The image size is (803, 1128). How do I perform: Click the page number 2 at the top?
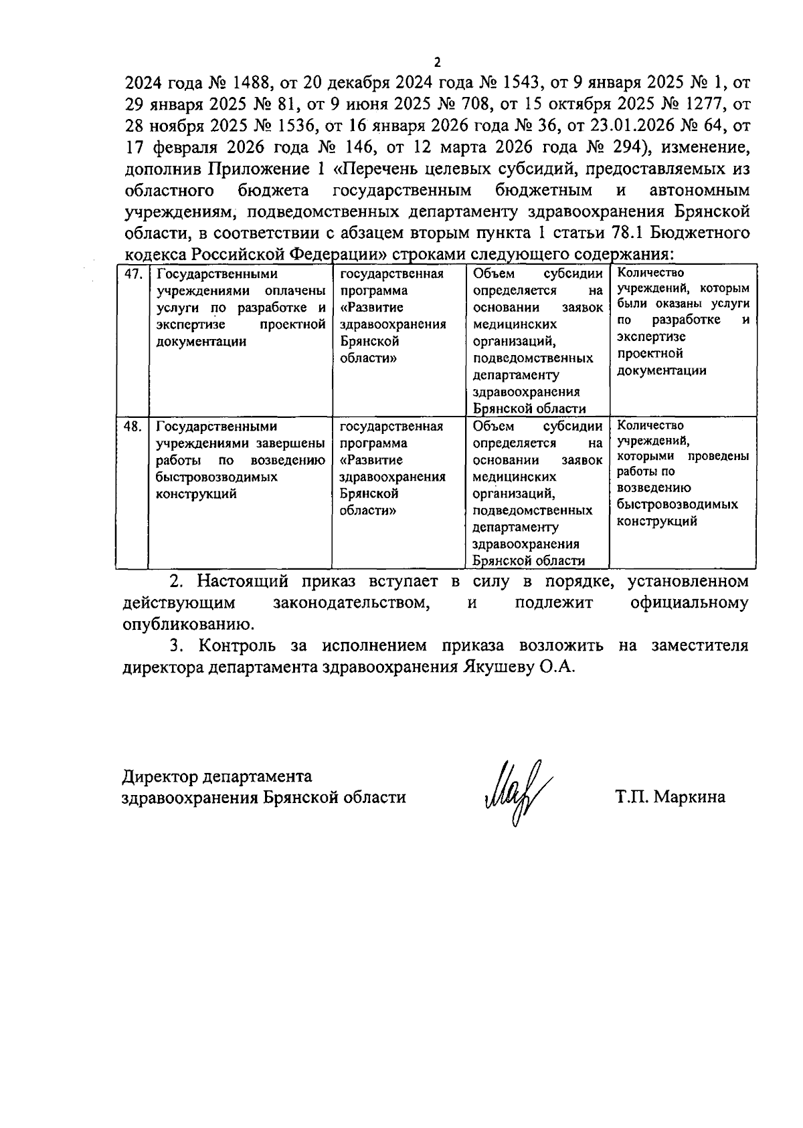pos(438,63)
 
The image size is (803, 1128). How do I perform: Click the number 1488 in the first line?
pos(250,83)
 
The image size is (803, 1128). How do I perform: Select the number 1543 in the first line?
pos(521,83)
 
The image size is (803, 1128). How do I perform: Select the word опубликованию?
pos(188,625)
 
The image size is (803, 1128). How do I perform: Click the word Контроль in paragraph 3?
pos(235,647)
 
